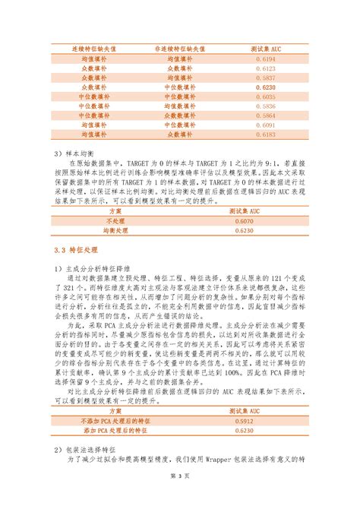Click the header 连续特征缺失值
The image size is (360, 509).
[x=94, y=48]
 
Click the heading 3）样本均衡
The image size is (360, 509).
[x=71, y=153]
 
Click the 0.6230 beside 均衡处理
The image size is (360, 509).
[x=266, y=228]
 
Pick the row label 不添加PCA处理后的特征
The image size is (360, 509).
[x=114, y=420]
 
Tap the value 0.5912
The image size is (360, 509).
[x=266, y=420]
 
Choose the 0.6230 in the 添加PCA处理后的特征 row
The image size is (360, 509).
[x=266, y=430]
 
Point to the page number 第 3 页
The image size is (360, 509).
[x=179, y=496]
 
